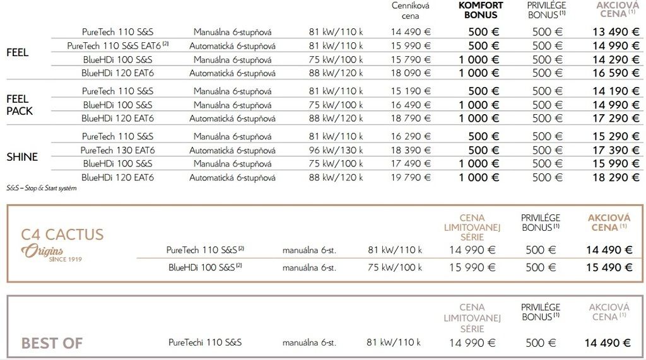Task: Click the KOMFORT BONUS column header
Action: [x=480, y=10]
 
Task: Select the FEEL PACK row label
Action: [x=20, y=105]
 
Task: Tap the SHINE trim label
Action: [x=22, y=157]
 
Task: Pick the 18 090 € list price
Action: [x=410, y=73]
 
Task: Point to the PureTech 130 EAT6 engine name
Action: [x=117, y=150]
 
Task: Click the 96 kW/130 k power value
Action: [x=336, y=150]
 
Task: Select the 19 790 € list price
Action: [x=410, y=177]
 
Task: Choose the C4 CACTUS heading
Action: [x=62, y=235]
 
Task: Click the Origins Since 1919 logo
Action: [x=51, y=253]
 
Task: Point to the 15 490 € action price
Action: [x=608, y=267]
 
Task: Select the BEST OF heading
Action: [x=52, y=344]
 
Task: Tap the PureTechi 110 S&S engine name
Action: [x=205, y=343]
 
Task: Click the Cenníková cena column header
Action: [x=410, y=11]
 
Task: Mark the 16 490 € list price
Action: [x=410, y=105]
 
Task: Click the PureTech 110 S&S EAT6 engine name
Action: [x=117, y=46]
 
